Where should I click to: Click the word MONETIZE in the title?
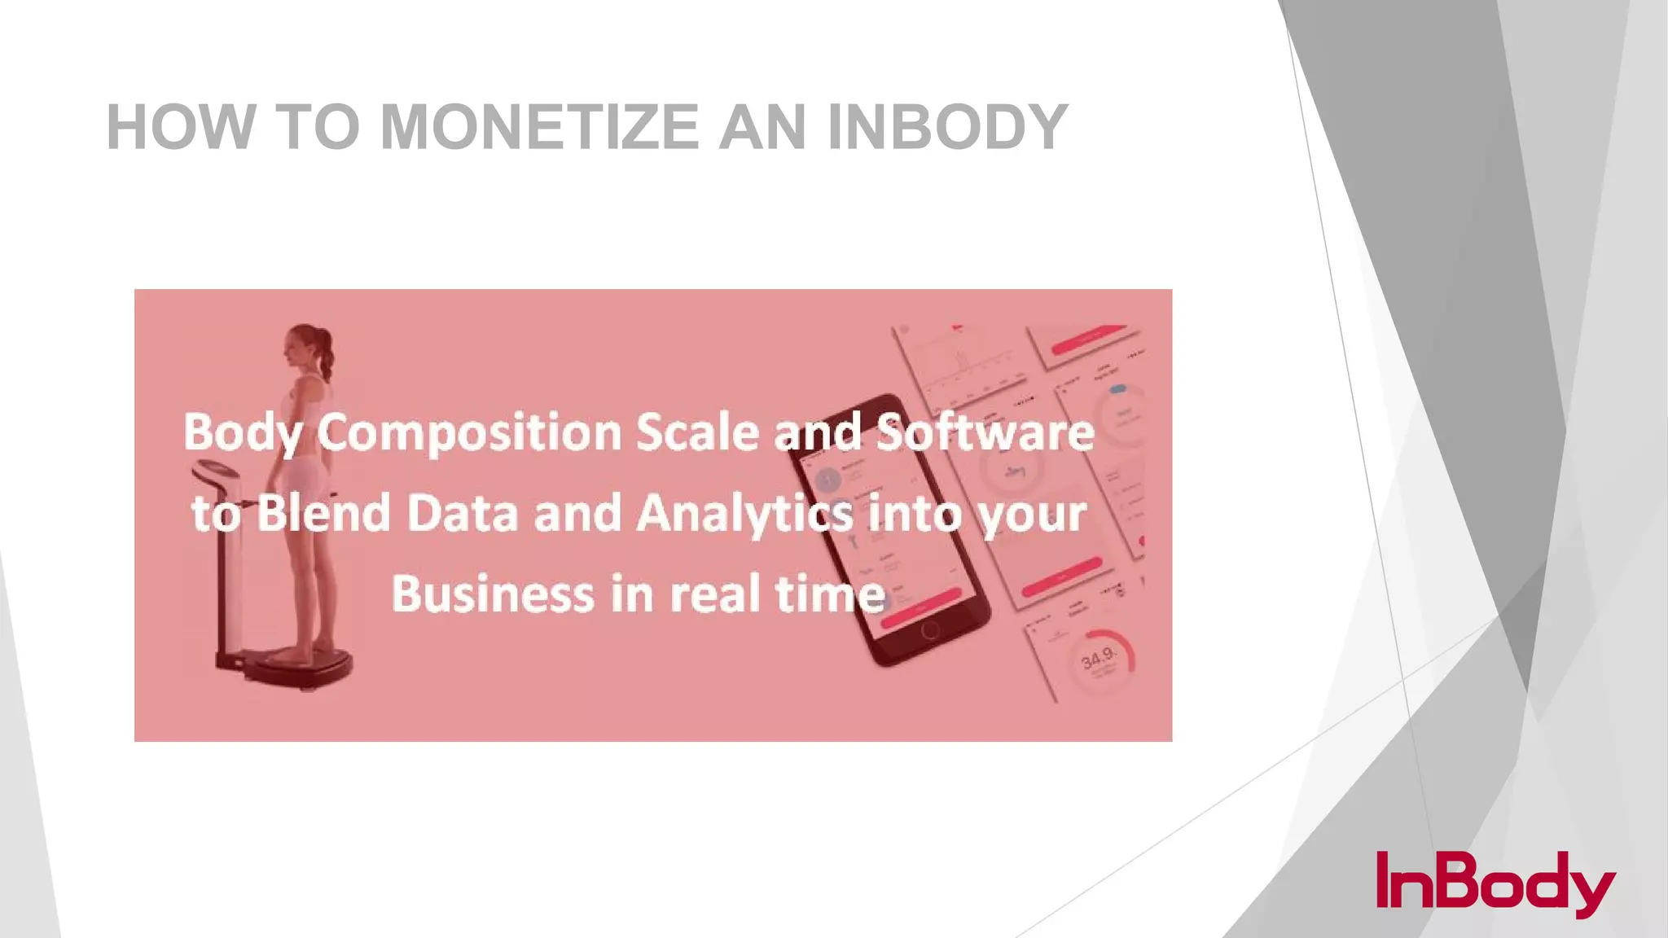pos(539,127)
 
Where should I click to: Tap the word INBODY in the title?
pos(947,127)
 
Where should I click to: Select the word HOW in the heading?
pos(181,127)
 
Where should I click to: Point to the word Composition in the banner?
pos(469,432)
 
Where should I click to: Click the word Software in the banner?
pos(985,432)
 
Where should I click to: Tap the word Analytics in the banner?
pos(744,515)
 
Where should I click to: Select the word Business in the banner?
pos(493,594)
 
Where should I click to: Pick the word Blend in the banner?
pos(323,515)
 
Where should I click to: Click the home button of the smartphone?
pos(930,630)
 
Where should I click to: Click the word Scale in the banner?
pos(697,432)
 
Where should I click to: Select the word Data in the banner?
pos(462,515)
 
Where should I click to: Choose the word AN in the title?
pos(763,127)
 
